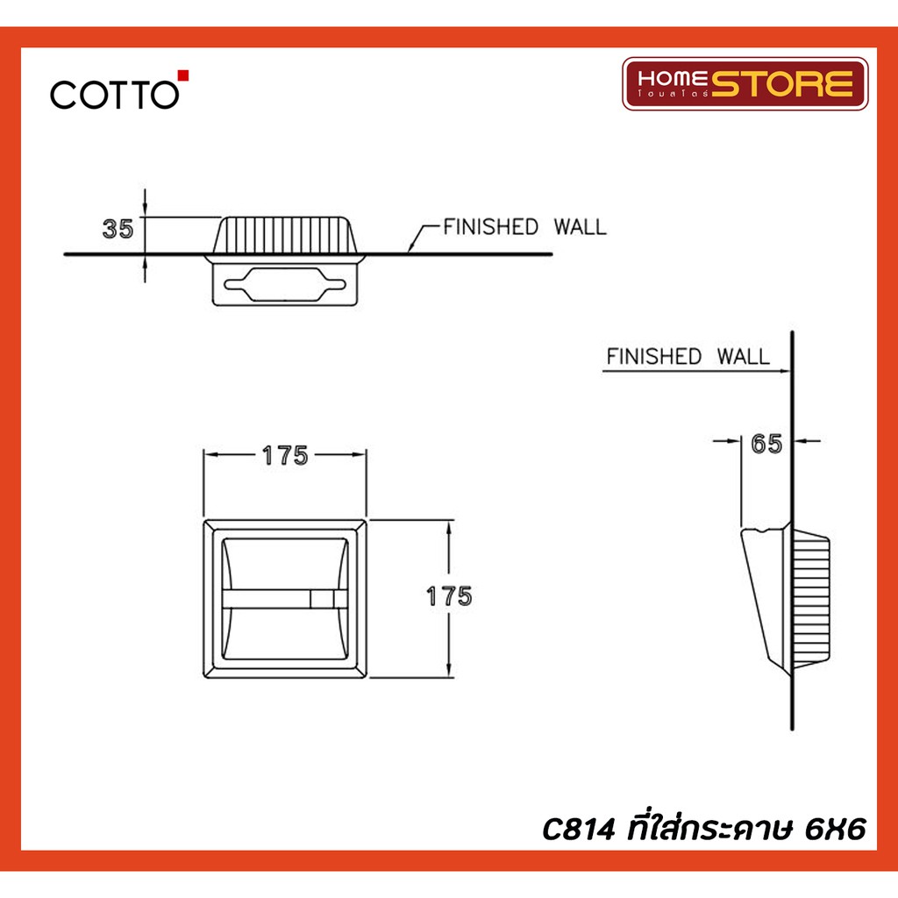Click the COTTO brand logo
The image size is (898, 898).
tap(119, 90)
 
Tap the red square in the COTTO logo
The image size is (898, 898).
tap(183, 75)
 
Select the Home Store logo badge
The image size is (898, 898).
tap(745, 83)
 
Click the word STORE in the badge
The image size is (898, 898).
tap(782, 83)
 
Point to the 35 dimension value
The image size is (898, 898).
tap(118, 229)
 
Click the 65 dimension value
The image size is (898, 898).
tap(766, 444)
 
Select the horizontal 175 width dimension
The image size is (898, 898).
tap(285, 456)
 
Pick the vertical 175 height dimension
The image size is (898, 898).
tap(450, 596)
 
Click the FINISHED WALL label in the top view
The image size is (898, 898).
tap(524, 227)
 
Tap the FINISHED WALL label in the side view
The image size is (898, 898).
tap(688, 356)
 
